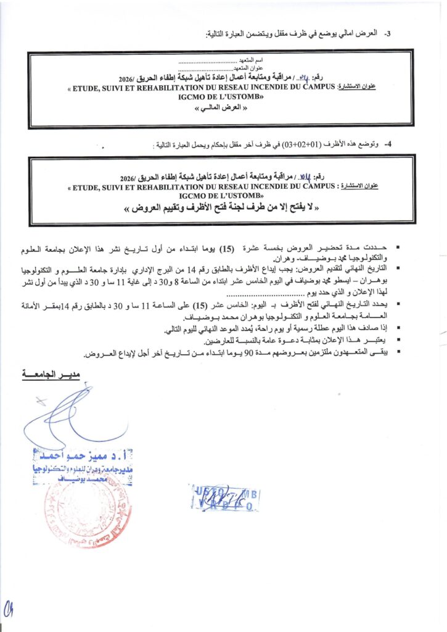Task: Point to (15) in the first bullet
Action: pos(228,250)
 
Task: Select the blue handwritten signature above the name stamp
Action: pos(68,414)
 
